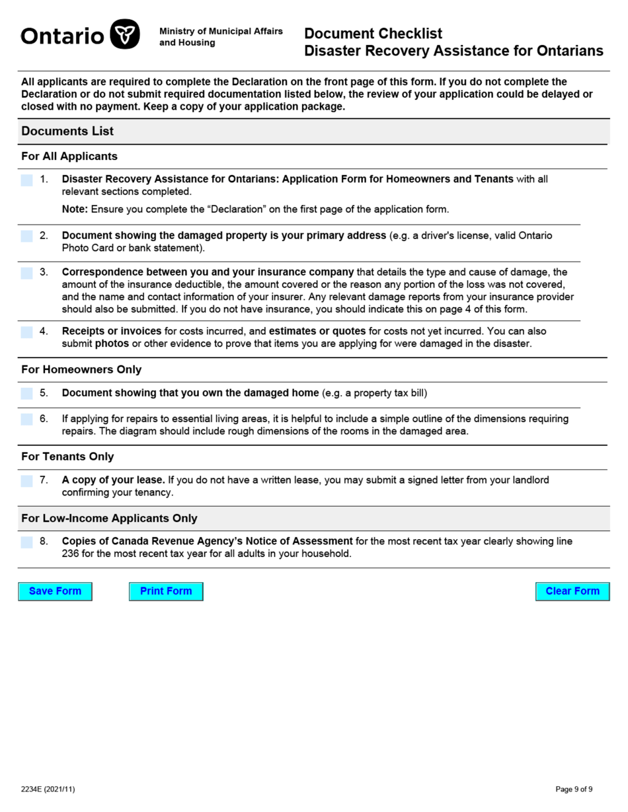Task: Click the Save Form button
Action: pyautogui.click(x=55, y=591)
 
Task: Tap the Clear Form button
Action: pyautogui.click(x=572, y=591)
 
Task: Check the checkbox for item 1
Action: pyautogui.click(x=26, y=180)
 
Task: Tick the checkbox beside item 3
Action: pyautogui.click(x=26, y=273)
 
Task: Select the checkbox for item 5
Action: pyautogui.click(x=26, y=394)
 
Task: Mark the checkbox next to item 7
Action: pyautogui.click(x=26, y=481)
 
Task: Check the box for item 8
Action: pyautogui.click(x=26, y=542)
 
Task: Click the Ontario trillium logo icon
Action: pyautogui.click(x=124, y=35)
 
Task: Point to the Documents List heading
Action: pyautogui.click(x=67, y=131)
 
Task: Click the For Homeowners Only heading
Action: pyautogui.click(x=81, y=369)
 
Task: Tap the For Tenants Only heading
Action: pyautogui.click(x=67, y=457)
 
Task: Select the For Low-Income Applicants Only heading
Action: pyautogui.click(x=109, y=518)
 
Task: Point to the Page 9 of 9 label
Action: pyautogui.click(x=574, y=789)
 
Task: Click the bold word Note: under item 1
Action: pyautogui.click(x=75, y=209)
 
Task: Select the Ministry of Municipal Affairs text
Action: pyautogui.click(x=221, y=32)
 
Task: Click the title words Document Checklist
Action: pyautogui.click(x=373, y=34)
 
